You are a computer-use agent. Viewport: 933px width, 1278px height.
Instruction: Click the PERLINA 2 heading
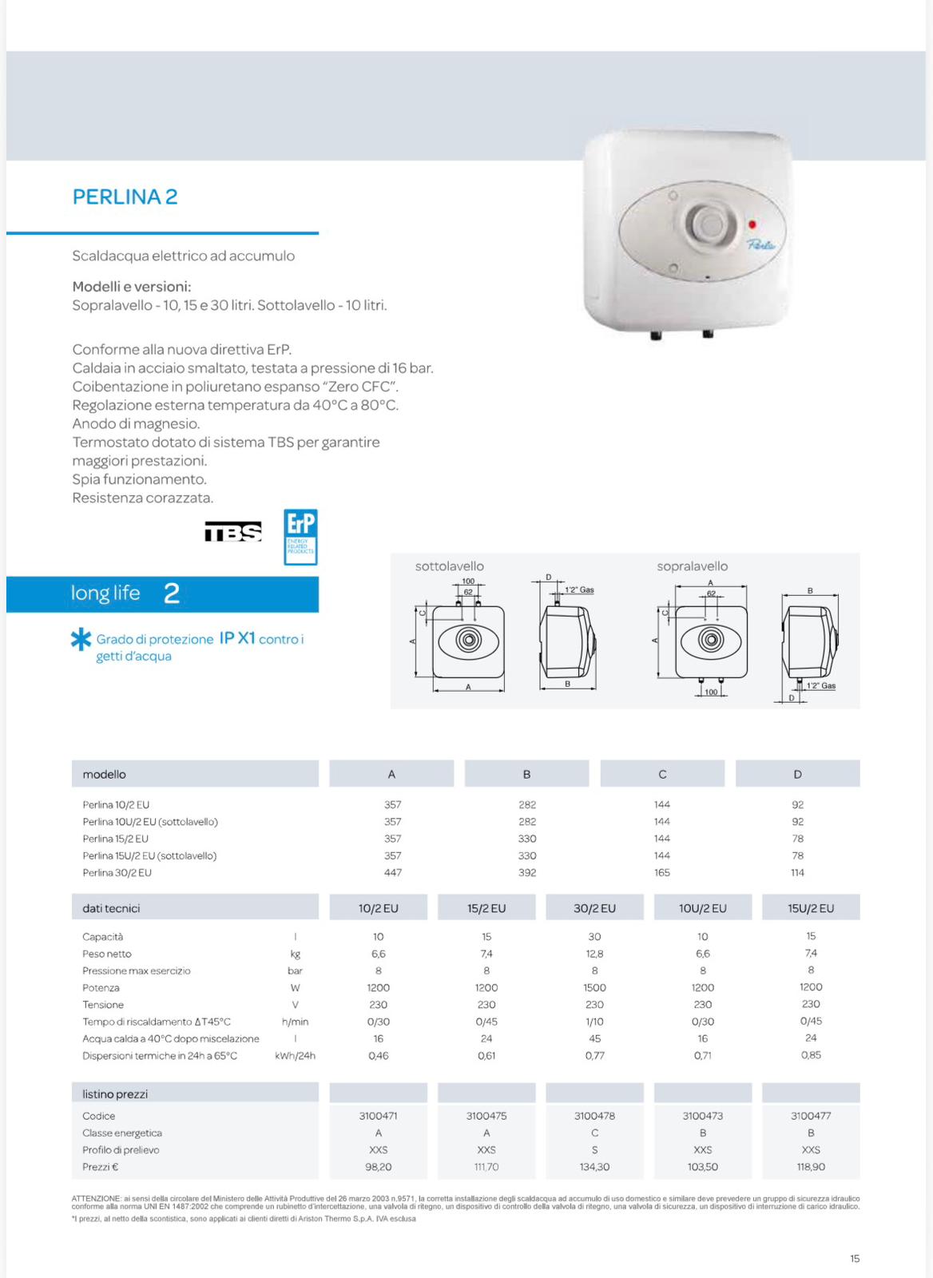point(125,197)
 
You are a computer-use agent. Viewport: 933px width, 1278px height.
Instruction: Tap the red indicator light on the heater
point(752,225)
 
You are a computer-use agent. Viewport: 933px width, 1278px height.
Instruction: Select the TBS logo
point(232,532)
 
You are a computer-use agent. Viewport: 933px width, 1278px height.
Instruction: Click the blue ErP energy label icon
point(300,537)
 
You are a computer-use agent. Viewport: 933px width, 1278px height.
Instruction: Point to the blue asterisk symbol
point(81,640)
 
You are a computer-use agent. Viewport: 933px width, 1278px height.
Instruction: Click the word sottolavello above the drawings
point(449,566)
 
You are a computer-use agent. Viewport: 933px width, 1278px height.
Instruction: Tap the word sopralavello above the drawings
point(692,566)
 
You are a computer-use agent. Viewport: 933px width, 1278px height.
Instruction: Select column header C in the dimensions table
point(662,774)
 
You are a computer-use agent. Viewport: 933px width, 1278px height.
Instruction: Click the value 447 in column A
point(392,873)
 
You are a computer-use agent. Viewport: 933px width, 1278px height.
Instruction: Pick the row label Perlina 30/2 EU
point(117,873)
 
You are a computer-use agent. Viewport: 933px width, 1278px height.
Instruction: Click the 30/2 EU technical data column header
point(594,908)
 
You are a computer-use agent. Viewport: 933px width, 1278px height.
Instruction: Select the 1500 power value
point(594,988)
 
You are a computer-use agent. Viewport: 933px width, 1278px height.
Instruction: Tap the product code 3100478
point(594,1116)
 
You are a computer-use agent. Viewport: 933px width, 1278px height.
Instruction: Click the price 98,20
point(378,1167)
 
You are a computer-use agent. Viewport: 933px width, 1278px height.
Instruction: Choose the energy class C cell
point(594,1133)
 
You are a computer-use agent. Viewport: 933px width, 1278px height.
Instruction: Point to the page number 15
point(855,1259)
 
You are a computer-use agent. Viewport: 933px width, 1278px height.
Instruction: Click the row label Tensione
point(103,1005)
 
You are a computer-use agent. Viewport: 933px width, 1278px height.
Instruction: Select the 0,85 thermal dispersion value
point(811,1055)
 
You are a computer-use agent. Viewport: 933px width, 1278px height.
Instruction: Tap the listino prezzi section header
point(115,1094)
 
